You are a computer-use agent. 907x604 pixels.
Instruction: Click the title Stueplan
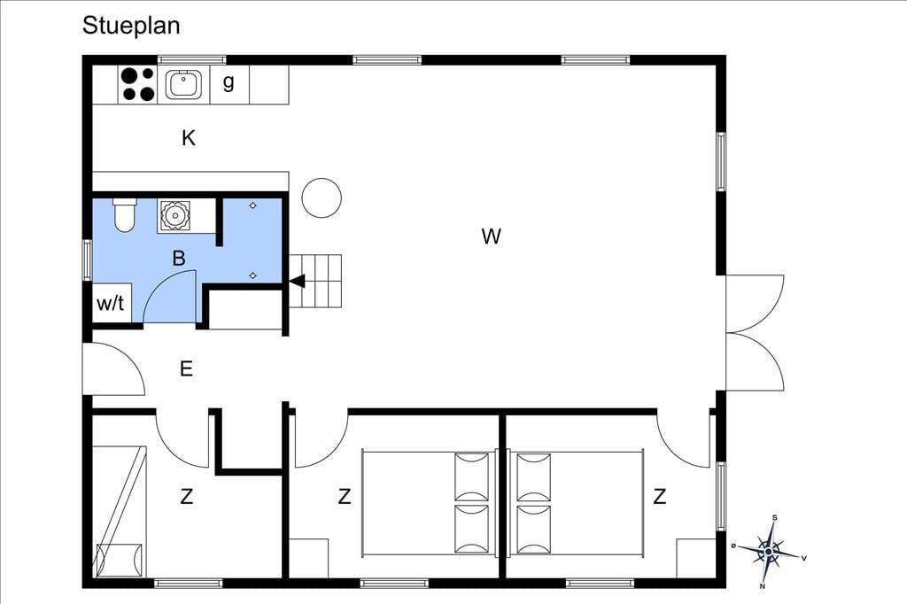tap(131, 26)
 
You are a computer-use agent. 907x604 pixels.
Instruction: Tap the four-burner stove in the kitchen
tap(137, 84)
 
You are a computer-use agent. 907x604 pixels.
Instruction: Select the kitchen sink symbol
tap(183, 84)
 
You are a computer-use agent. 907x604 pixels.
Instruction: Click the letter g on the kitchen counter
tap(229, 82)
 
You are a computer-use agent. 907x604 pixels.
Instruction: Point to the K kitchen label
tap(189, 138)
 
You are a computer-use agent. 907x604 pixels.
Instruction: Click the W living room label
tap(491, 236)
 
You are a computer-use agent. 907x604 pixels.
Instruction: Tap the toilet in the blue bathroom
tap(124, 214)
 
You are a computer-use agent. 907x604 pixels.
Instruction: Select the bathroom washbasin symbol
tap(174, 216)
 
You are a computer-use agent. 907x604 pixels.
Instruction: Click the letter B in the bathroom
tap(179, 258)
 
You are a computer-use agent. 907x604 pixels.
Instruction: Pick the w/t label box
tap(111, 303)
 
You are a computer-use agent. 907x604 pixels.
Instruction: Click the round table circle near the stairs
tap(322, 197)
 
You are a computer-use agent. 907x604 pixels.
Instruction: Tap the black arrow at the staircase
tap(297, 282)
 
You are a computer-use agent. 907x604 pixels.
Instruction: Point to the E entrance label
tap(186, 368)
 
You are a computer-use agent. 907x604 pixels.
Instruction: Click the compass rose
tap(769, 552)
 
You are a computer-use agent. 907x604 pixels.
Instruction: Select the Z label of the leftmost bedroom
tap(186, 496)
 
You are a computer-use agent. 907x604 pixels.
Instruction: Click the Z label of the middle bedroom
tap(345, 496)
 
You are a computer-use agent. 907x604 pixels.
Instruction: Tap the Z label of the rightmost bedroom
tap(659, 496)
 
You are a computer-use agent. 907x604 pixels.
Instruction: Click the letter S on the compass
tap(774, 518)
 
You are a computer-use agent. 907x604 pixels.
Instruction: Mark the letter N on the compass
tap(763, 586)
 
